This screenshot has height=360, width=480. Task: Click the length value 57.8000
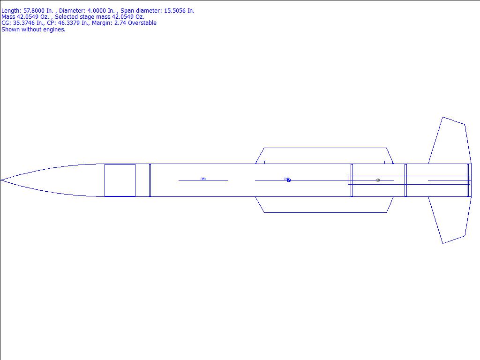click(x=34, y=11)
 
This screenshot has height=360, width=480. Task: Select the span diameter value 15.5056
click(x=174, y=11)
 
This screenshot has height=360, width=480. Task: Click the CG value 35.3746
click(x=24, y=23)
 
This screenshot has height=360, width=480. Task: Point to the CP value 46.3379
click(x=69, y=23)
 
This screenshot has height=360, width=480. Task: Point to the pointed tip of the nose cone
click(x=1, y=180)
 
